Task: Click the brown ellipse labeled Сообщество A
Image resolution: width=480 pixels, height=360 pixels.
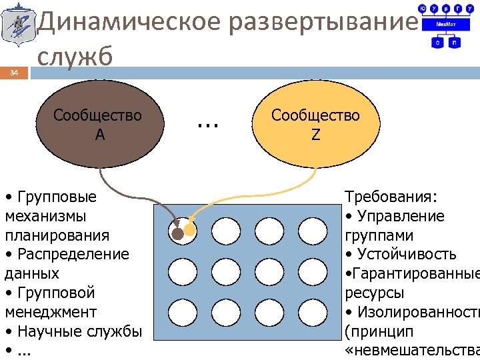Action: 99,124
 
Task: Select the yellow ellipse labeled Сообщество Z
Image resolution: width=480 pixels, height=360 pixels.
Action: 315,124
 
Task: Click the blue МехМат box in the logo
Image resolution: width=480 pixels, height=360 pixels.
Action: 445,23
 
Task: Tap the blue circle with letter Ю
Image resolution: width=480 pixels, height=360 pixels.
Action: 422,8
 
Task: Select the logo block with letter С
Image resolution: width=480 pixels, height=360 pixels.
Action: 437,42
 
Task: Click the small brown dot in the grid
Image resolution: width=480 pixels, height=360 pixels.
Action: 177,234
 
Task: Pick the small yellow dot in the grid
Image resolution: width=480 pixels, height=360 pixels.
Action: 190,231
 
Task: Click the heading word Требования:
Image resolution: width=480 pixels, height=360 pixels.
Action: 391,197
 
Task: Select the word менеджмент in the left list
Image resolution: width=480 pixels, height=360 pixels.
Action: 51,312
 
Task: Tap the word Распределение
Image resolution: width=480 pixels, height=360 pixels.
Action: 73,254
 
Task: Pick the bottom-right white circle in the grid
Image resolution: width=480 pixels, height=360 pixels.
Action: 312,312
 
